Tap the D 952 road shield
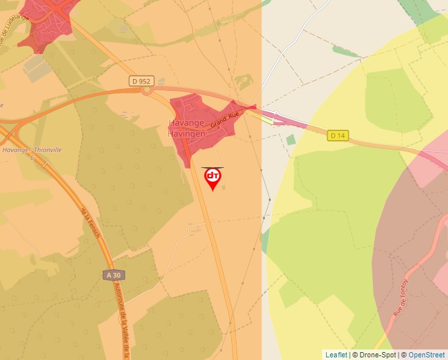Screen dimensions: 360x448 click(142, 81)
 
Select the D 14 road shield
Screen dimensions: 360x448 click(337, 136)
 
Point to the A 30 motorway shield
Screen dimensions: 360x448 click(114, 274)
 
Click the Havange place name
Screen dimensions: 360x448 click(186, 123)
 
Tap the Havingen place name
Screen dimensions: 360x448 click(187, 132)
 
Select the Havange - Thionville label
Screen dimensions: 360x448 click(31, 150)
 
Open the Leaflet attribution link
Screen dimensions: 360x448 click(336, 355)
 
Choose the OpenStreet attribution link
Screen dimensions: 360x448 click(428, 355)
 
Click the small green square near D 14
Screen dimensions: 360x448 click(291, 140)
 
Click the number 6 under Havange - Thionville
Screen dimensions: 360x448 click(31, 158)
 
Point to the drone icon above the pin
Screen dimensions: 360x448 click(212, 167)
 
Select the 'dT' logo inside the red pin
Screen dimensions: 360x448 click(212, 176)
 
